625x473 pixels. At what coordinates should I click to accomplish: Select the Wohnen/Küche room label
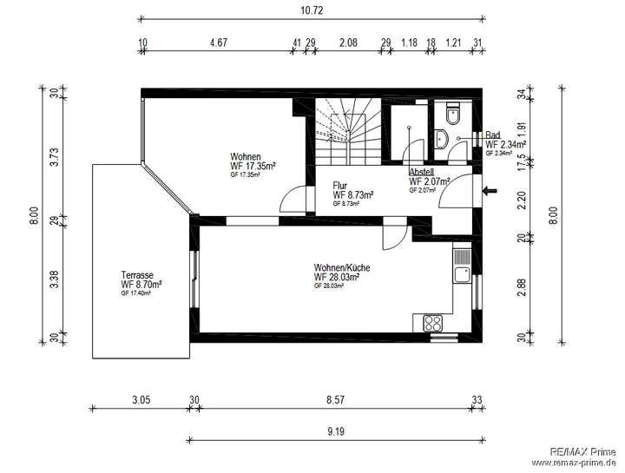click(x=342, y=268)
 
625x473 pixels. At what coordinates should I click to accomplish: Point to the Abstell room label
click(x=423, y=172)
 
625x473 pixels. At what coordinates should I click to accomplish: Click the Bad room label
click(x=493, y=135)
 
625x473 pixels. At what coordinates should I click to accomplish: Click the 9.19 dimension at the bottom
click(x=334, y=430)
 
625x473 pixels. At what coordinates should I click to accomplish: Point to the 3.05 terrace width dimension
click(x=141, y=401)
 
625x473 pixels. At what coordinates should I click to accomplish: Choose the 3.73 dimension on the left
click(x=53, y=156)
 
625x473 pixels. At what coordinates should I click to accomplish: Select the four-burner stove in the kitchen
click(x=433, y=322)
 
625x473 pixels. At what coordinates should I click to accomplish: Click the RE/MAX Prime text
click(x=583, y=451)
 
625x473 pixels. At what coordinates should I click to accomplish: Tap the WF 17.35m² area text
click(x=253, y=166)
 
